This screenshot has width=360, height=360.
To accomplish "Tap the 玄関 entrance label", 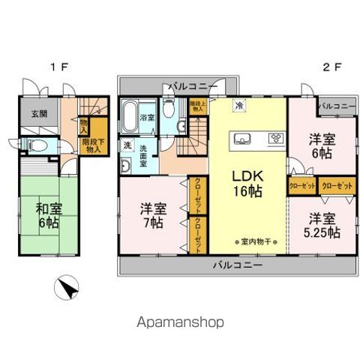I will (x=39, y=114).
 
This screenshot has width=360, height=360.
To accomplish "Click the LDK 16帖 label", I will (x=247, y=182).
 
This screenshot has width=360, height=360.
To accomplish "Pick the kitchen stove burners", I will (x=275, y=137).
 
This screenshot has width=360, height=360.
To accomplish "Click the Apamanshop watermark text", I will (x=179, y=322).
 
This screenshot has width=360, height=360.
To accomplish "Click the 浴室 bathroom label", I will (x=148, y=118).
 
